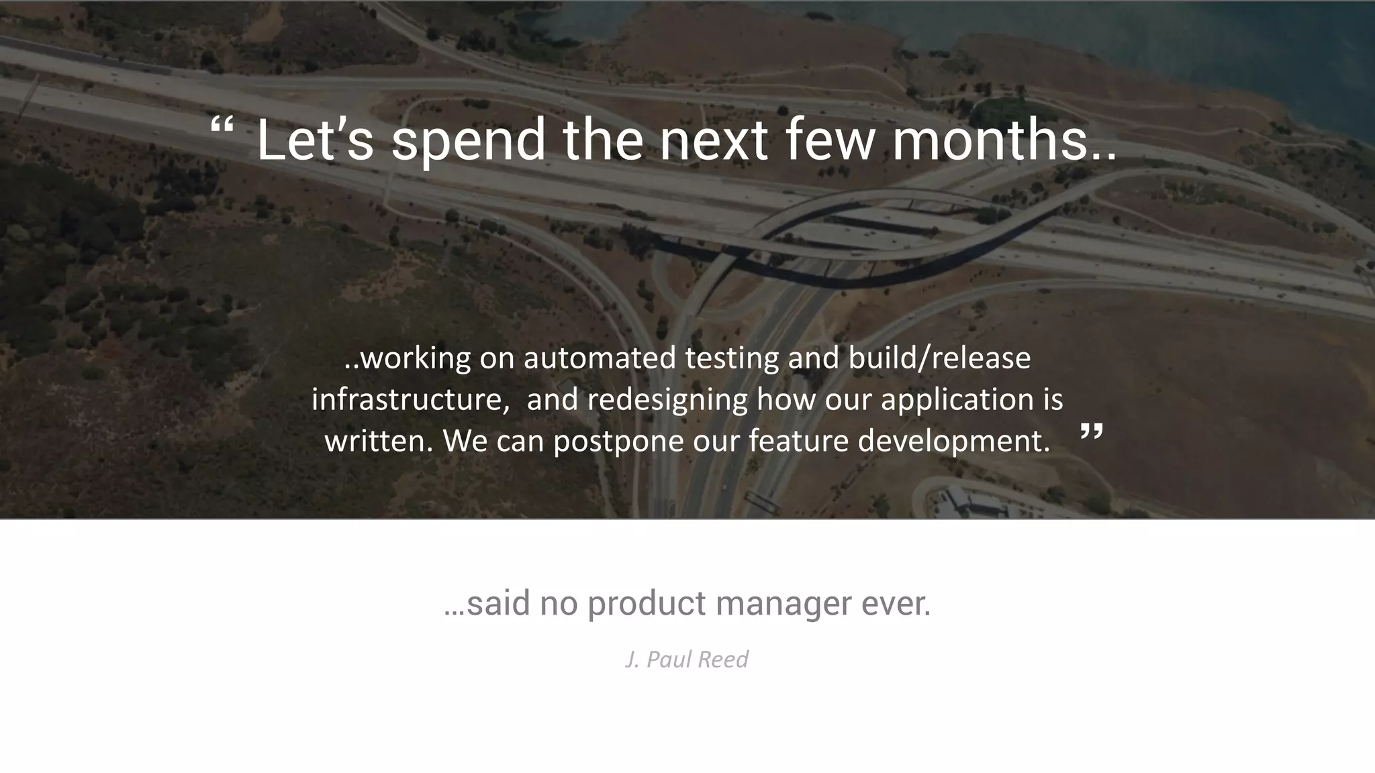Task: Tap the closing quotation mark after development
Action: click(x=1091, y=432)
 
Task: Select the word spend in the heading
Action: click(x=468, y=141)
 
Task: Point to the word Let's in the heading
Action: click(x=315, y=140)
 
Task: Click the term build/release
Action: click(x=939, y=358)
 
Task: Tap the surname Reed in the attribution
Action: click(x=722, y=660)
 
